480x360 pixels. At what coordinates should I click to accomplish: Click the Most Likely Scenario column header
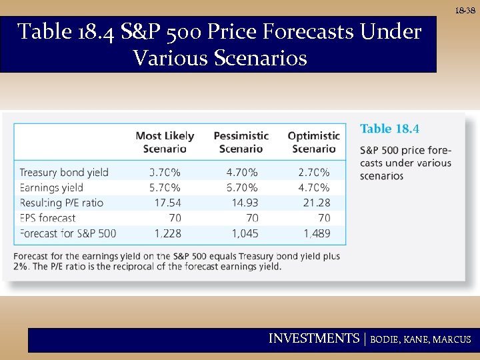coord(165,142)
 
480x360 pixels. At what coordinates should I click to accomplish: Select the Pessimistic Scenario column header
coord(241,142)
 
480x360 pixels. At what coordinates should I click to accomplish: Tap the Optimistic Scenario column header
coord(313,142)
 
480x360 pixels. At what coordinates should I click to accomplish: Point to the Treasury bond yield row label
coord(64,172)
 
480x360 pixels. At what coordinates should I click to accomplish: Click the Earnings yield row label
coord(51,187)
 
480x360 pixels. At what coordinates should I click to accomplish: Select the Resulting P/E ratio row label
coord(61,203)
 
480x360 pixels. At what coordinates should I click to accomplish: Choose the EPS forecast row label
coord(48,218)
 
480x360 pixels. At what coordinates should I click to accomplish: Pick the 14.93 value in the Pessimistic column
coord(243,203)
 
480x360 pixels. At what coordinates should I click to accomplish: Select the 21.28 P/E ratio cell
coord(316,203)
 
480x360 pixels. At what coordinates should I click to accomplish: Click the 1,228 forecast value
coord(167,233)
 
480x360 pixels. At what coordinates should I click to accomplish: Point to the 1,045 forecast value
coord(244,233)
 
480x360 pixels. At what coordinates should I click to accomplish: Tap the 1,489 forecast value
coord(316,233)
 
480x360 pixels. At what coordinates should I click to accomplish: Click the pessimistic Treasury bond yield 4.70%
coord(241,172)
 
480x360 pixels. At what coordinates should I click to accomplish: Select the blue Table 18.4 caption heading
coord(390,129)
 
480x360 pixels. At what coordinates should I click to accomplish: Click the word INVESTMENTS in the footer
coord(313,339)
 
